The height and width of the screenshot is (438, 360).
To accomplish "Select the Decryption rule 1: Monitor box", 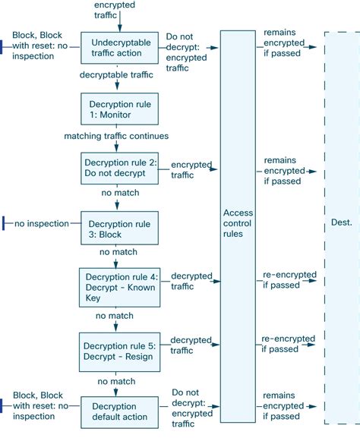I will tap(119, 109).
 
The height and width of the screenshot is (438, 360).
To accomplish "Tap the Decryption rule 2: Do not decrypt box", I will tap(119, 168).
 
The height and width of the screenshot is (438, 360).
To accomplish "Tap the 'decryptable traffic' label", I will tap(117, 76).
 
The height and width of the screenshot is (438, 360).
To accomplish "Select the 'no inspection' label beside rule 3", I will tap(43, 223).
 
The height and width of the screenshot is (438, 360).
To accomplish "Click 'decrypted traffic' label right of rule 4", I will tap(191, 281).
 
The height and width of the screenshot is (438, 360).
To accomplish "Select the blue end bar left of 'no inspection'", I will tap(5, 223).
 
